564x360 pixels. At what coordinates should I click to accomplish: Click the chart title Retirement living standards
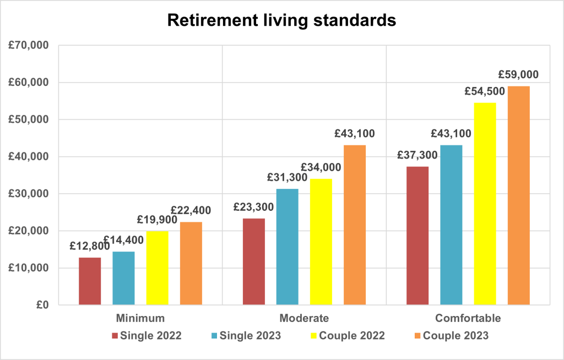(281, 20)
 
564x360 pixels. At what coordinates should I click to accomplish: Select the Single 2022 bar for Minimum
(90, 281)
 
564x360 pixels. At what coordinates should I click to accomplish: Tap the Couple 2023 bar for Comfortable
(518, 195)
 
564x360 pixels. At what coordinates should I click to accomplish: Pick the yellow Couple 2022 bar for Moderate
(321, 242)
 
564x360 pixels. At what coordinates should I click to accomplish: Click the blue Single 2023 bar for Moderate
(287, 247)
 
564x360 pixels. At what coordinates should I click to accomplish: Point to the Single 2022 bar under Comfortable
(417, 236)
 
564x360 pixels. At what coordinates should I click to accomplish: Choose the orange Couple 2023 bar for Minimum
(191, 263)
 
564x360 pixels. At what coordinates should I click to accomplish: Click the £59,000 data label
(518, 74)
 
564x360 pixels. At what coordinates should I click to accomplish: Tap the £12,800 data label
(90, 246)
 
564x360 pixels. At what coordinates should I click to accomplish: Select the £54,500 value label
(485, 91)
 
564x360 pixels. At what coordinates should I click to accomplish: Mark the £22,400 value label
(191, 210)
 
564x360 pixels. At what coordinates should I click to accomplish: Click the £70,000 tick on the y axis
(29, 45)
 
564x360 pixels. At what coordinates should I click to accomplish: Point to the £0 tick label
(42, 305)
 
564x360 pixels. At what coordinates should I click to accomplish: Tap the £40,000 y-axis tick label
(29, 156)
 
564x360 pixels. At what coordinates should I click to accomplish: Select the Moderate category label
(304, 318)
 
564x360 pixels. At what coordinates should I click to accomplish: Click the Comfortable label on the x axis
(468, 318)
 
